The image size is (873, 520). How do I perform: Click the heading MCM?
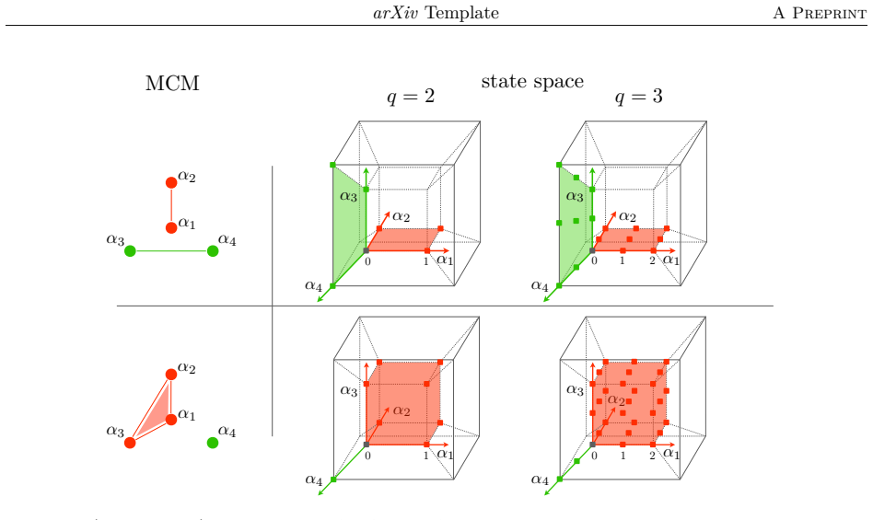tap(172, 84)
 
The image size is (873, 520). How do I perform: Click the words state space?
tap(532, 82)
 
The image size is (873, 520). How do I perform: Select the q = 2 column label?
tap(411, 97)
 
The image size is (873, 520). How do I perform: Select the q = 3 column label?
tap(638, 97)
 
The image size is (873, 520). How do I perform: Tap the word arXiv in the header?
tap(395, 13)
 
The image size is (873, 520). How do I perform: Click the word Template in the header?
tap(461, 13)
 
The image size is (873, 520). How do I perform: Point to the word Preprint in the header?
tap(830, 13)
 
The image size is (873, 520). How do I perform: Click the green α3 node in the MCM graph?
tap(130, 251)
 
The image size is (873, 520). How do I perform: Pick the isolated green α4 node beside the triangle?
tap(213, 443)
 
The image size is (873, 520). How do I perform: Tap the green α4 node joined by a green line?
tap(213, 251)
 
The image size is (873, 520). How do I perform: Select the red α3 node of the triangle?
tap(130, 443)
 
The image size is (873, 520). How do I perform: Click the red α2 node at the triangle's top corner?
tap(171, 375)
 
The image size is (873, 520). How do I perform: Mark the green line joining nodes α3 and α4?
tap(171, 251)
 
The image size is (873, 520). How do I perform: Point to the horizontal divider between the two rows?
tap(445, 306)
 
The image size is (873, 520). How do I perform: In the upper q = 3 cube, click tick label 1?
tap(623, 260)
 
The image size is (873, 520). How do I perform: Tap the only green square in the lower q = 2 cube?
tap(333, 480)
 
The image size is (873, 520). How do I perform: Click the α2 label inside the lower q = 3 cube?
tap(616, 399)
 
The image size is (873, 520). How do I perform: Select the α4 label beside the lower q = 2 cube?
tap(314, 480)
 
